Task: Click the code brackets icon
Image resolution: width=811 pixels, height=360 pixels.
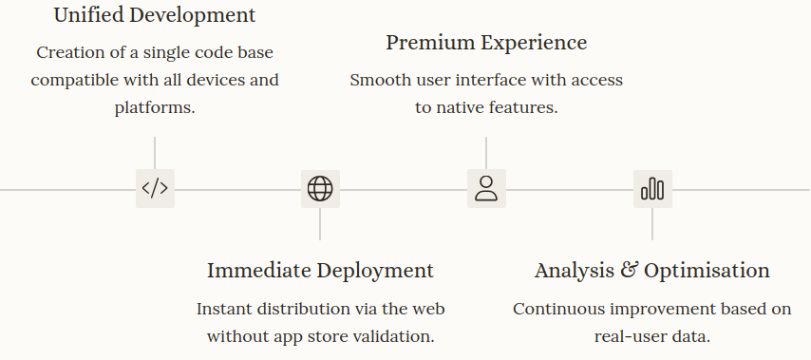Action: pyautogui.click(x=155, y=188)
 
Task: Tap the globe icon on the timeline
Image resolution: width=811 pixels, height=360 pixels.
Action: pyautogui.click(x=320, y=188)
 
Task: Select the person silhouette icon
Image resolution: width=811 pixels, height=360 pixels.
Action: pyautogui.click(x=486, y=188)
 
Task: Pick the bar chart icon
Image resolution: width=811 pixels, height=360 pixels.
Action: pyautogui.click(x=652, y=188)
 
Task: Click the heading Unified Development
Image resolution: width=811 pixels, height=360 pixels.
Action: pyautogui.click(x=155, y=15)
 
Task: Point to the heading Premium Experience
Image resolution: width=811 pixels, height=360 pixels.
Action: pyautogui.click(x=486, y=43)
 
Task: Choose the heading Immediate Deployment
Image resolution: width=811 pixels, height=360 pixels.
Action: pyautogui.click(x=320, y=270)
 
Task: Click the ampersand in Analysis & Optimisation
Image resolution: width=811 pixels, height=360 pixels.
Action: pyautogui.click(x=629, y=270)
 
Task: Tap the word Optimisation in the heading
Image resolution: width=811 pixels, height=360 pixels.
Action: pyautogui.click(x=707, y=270)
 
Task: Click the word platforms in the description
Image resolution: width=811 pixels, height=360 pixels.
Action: pyautogui.click(x=155, y=107)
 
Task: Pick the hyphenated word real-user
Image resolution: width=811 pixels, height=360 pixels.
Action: pyautogui.click(x=630, y=336)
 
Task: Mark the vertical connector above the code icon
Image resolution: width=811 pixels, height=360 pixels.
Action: pyautogui.click(x=155, y=152)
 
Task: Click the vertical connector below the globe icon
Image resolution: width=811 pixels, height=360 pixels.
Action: pyautogui.click(x=320, y=224)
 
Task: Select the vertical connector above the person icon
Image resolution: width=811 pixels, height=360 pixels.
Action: pyautogui.click(x=486, y=152)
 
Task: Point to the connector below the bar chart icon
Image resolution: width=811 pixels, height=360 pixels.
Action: pyautogui.click(x=652, y=224)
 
